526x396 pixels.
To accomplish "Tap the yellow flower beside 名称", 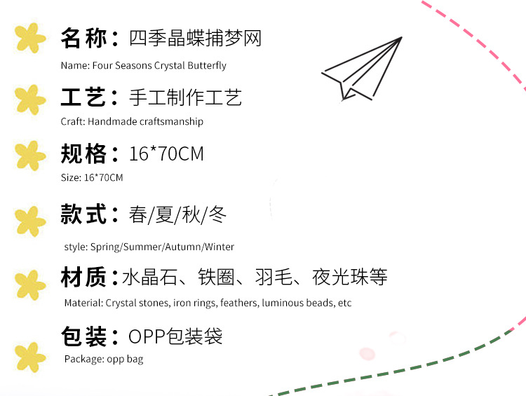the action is click(x=30, y=38).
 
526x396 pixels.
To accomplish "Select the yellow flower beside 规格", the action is click(x=30, y=155).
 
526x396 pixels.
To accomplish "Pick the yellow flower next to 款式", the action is click(x=30, y=221).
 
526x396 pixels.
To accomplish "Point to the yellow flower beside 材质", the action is click(x=30, y=284).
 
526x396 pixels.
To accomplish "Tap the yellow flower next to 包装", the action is click(x=30, y=356).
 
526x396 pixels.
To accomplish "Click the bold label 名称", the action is click(x=83, y=38).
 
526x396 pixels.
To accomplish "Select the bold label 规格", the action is click(x=83, y=153).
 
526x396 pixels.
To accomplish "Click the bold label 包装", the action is click(x=83, y=336).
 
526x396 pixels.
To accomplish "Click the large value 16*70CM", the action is click(x=166, y=153).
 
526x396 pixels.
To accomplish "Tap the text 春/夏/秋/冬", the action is click(x=178, y=214).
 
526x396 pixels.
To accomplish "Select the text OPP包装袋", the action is click(x=175, y=336).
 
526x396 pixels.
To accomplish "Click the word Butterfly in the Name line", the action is click(x=206, y=65).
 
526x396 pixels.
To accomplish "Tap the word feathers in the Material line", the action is click(x=238, y=303).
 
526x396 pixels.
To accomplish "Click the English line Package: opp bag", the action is click(x=104, y=359).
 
